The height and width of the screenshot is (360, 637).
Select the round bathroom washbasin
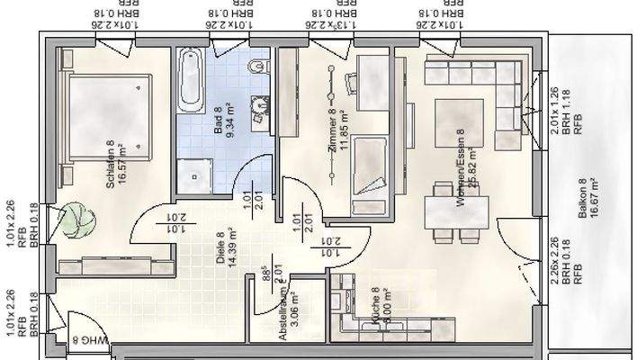pos(260,106)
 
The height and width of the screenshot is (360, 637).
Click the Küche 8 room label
pos(375,304)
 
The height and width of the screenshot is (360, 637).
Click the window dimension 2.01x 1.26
pos(554,110)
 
